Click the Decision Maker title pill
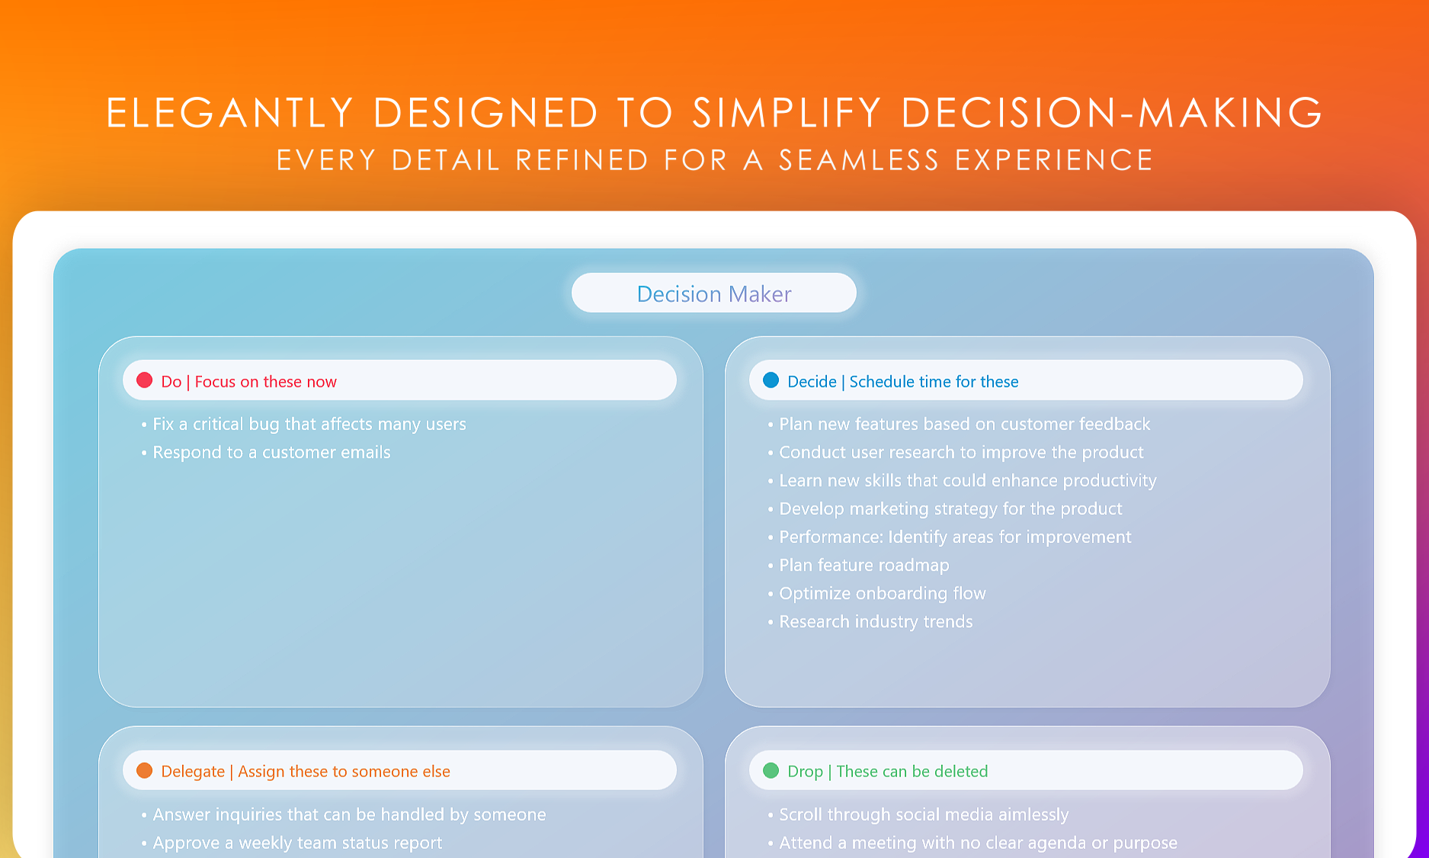pos(714,293)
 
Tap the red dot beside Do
pos(144,380)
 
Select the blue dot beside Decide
pos(771,380)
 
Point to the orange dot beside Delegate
pos(144,770)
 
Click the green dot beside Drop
pos(771,770)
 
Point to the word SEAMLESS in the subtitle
pos(859,160)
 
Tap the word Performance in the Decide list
pos(831,537)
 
